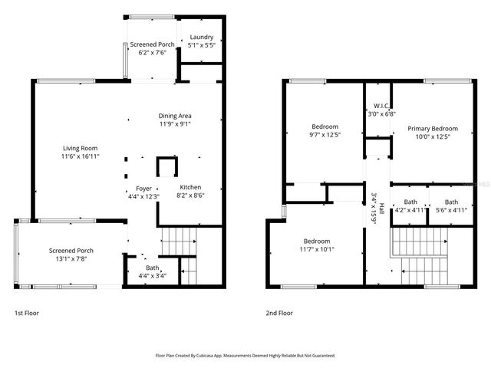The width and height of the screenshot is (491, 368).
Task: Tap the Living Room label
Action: coord(80,149)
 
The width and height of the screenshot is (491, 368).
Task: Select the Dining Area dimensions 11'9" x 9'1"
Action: coord(175,123)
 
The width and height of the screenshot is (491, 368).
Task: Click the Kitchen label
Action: coord(190,187)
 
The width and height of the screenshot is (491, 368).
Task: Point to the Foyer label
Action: coord(144,188)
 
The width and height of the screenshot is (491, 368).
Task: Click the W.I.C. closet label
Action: coord(380,106)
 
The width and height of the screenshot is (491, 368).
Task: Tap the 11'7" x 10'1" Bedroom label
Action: coord(315,240)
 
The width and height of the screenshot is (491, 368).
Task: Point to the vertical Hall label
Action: coord(374,207)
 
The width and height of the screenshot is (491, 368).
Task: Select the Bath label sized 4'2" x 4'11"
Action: coord(410,202)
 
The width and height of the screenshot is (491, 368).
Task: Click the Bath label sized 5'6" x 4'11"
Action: coord(450,202)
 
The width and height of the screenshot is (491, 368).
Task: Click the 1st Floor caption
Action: coord(26,314)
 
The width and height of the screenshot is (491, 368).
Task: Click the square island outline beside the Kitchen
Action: coord(165,167)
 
